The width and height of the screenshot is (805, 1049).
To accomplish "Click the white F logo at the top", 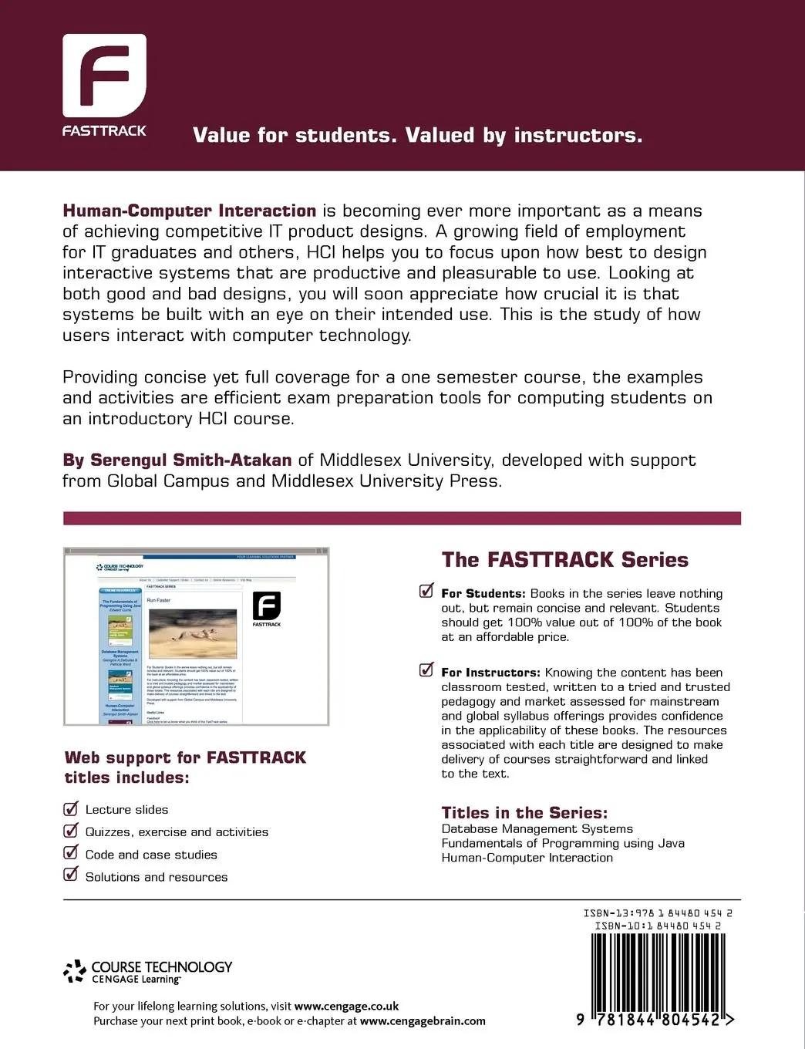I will click(104, 75).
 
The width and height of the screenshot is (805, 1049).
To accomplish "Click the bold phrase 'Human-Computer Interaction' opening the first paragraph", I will click(190, 211).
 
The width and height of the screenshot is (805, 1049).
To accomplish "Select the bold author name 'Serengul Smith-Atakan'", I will click(190, 460).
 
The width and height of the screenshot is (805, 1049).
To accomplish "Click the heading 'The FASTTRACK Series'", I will click(564, 560).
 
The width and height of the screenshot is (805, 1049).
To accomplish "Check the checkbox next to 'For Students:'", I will click(426, 592).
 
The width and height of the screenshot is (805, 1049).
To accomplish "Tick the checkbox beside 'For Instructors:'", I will click(426, 670).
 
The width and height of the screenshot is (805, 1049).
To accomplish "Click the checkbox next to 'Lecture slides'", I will click(71, 808).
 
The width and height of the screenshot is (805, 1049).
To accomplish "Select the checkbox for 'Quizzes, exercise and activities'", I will click(71, 831).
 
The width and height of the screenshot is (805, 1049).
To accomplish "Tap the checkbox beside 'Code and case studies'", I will click(71, 853).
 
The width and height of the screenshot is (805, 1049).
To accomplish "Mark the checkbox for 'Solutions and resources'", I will click(71, 875).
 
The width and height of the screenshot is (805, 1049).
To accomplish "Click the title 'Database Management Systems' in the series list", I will click(537, 828).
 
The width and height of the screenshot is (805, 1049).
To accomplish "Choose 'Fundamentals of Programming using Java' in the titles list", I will click(563, 843).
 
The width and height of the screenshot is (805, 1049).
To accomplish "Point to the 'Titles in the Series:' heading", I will click(524, 812).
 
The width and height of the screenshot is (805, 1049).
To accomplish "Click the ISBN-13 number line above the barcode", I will click(658, 913).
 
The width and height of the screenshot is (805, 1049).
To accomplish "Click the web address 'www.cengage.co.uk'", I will click(346, 1006).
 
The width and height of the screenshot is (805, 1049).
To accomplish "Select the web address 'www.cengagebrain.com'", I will click(423, 1020).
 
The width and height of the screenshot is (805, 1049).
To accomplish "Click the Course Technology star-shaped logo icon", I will click(75, 971).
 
